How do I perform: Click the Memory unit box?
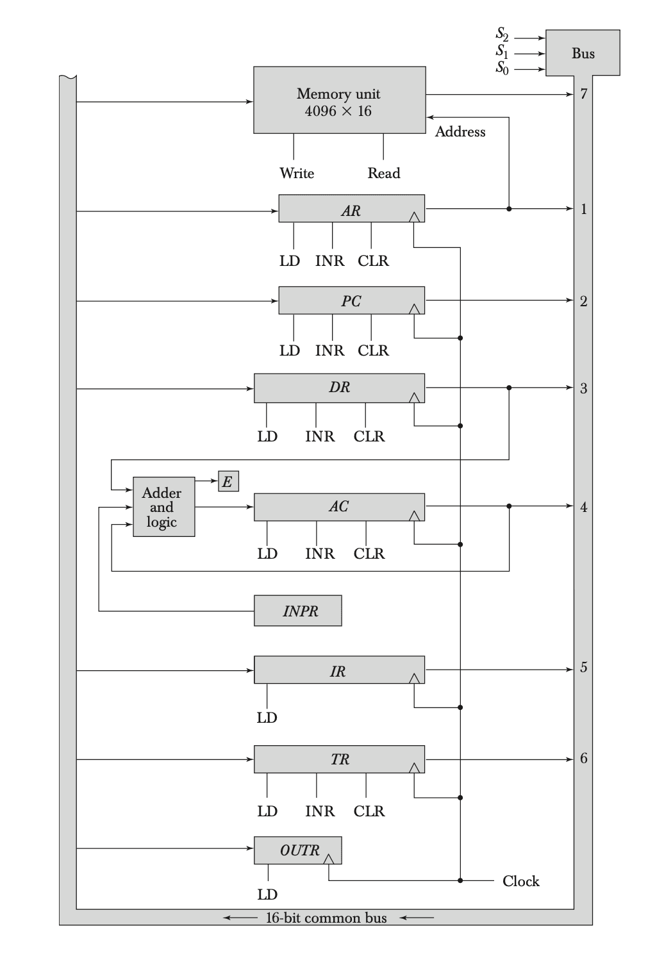339,100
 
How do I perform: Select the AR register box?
351,209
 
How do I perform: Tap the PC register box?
351,301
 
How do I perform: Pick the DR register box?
339,388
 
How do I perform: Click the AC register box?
339,507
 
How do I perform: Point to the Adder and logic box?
163,507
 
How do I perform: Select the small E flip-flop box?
228,481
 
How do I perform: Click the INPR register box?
298,611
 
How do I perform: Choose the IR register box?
339,670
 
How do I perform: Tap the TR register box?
339,759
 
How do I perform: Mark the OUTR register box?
298,850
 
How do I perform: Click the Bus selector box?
583,53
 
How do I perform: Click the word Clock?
520,881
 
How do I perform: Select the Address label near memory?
460,132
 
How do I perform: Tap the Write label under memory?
297,173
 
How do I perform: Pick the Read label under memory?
384,173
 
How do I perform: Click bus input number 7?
583,94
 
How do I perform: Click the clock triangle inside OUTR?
329,859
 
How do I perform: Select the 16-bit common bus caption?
326,918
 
